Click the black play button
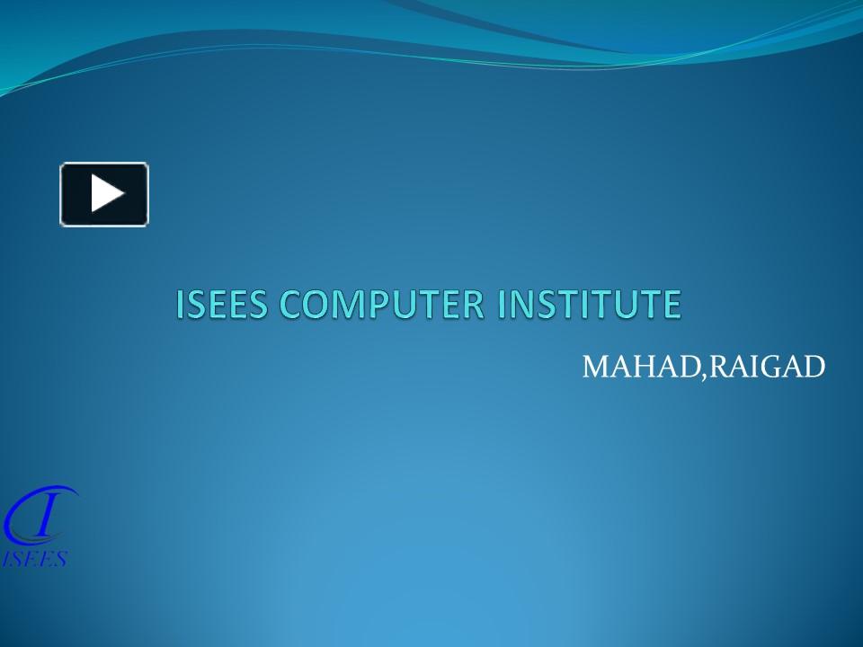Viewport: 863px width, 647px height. (104, 194)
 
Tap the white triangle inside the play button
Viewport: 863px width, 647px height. (106, 194)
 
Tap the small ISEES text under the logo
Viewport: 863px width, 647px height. (35, 560)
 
